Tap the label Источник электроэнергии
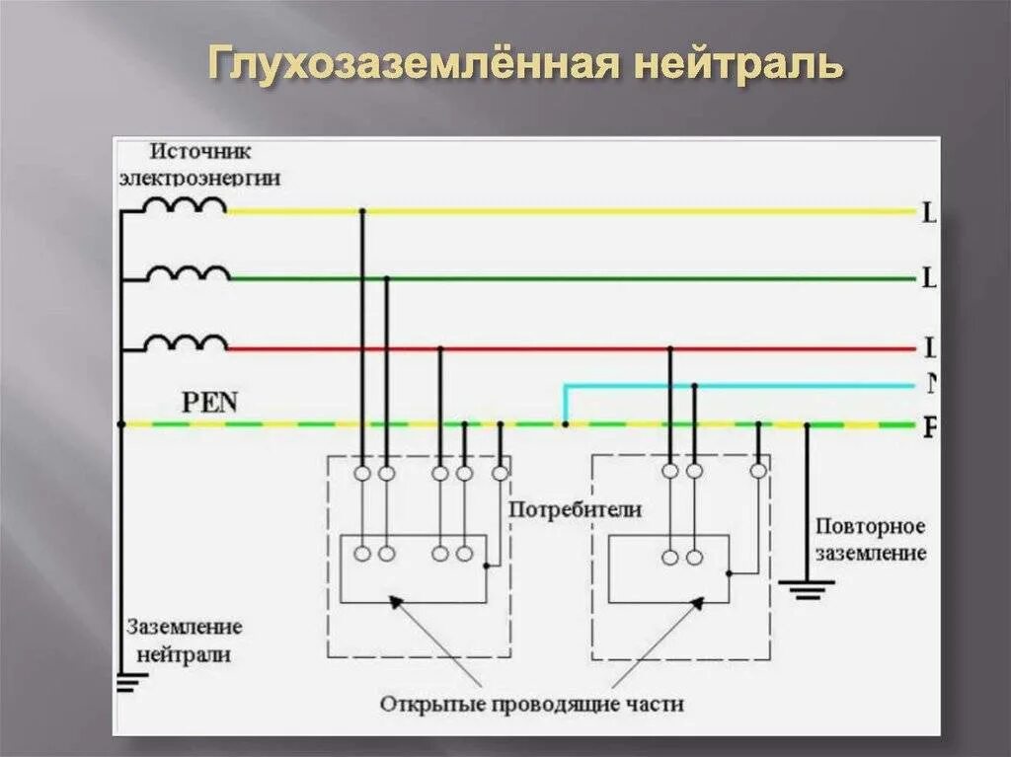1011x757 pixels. click(199, 165)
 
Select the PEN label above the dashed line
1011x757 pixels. click(210, 402)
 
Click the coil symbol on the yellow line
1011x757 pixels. click(185, 205)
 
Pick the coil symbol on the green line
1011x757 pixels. click(187, 273)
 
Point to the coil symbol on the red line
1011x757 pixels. click(185, 342)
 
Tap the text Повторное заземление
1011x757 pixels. click(870, 539)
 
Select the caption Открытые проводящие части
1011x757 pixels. click(531, 705)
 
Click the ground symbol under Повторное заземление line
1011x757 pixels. click(806, 589)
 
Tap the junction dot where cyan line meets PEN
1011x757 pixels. click(565, 424)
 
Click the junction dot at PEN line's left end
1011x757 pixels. click(120, 424)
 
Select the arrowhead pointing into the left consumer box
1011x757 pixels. click(395, 601)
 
